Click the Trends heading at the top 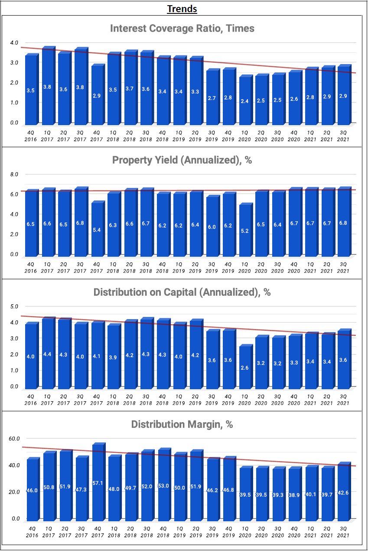point(182,9)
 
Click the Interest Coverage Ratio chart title point(182,29)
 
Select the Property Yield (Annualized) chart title point(182,160)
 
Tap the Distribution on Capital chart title point(182,292)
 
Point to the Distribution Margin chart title point(182,424)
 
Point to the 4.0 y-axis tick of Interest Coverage point(14,43)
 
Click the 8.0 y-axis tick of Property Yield point(14,174)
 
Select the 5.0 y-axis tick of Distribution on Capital point(14,307)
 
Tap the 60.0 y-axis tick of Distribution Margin point(14,439)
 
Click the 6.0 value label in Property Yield point(212,227)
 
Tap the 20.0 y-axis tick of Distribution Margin point(14,492)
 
